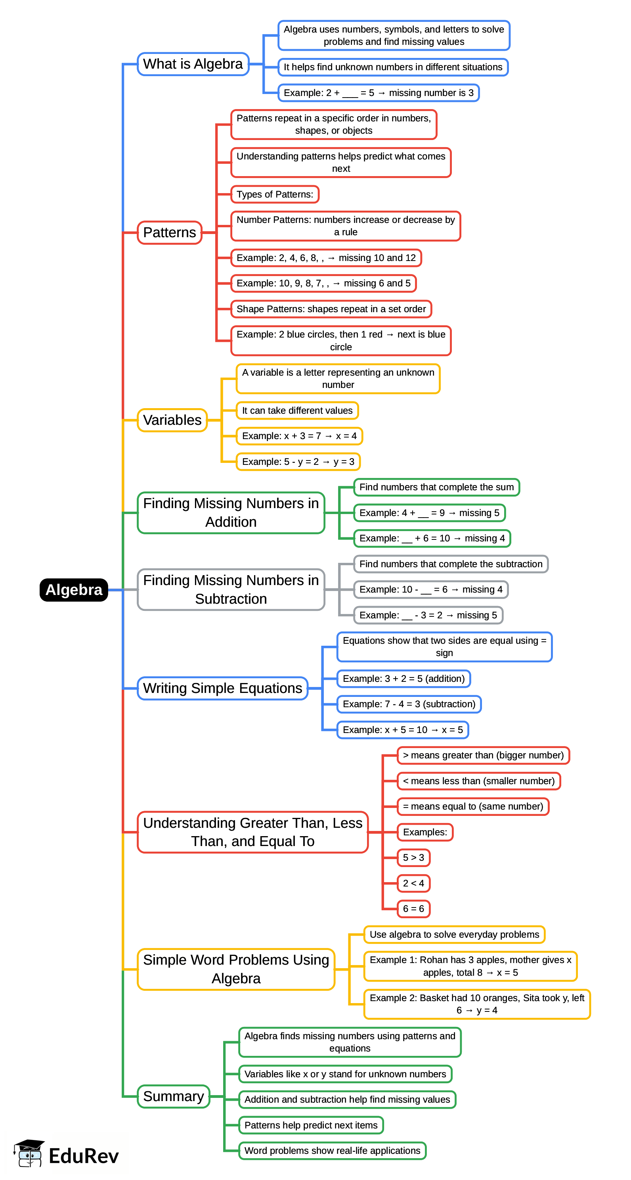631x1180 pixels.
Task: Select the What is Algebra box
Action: click(x=193, y=64)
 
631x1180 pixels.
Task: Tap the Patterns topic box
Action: click(x=169, y=233)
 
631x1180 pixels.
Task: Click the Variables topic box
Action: click(x=172, y=420)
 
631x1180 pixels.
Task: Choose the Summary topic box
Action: click(x=174, y=1096)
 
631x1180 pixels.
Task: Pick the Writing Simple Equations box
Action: click(x=222, y=688)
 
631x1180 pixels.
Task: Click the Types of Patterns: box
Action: click(x=275, y=194)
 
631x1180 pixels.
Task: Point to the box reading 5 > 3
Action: click(x=413, y=858)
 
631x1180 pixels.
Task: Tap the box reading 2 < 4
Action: click(x=413, y=883)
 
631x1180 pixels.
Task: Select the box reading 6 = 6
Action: click(x=413, y=908)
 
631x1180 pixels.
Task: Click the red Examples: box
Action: click(x=425, y=832)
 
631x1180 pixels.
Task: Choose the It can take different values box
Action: click(x=297, y=411)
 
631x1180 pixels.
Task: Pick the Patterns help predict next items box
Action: click(x=311, y=1125)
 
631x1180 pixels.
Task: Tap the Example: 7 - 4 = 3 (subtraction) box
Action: click(x=409, y=704)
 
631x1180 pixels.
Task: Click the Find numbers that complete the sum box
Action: click(x=436, y=487)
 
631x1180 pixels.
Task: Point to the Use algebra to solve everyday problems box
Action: click(x=454, y=934)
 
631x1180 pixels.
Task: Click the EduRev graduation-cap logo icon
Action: click(x=29, y=1153)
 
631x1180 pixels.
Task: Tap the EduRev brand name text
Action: click(x=84, y=1156)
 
